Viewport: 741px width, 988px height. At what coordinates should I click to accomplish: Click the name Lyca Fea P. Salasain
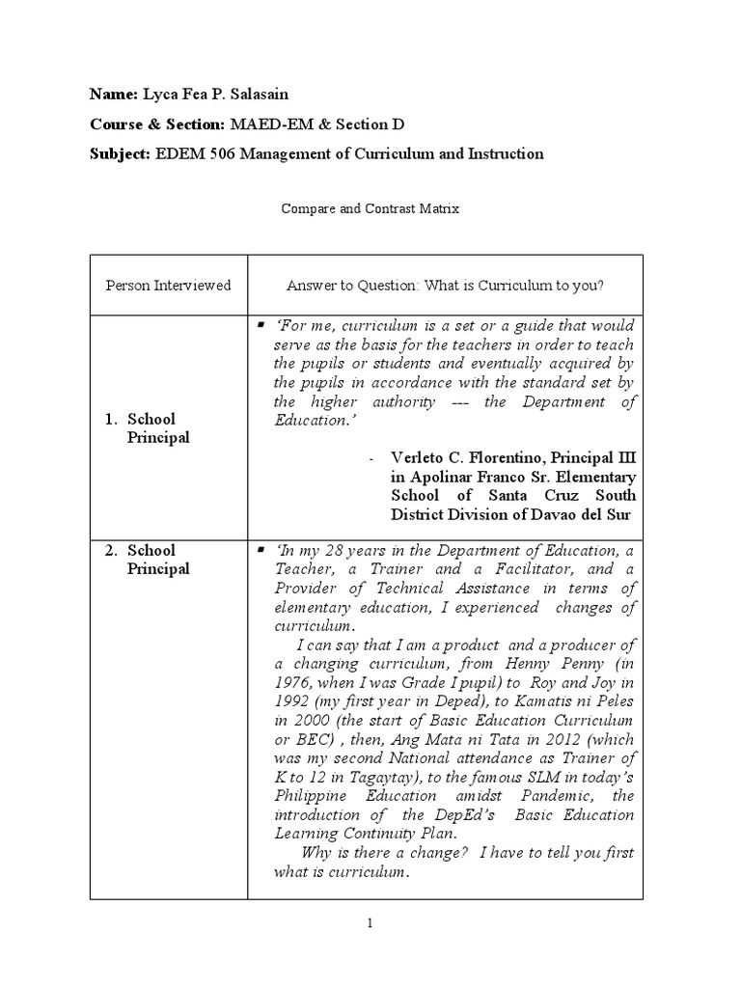[x=214, y=95]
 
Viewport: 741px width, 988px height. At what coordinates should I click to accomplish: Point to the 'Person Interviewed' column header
[x=168, y=286]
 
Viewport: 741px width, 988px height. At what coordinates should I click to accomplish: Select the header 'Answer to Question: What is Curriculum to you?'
[x=445, y=286]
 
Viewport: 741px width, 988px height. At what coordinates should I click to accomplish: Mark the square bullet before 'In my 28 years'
[x=261, y=550]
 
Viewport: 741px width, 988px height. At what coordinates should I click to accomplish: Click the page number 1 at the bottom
[x=370, y=923]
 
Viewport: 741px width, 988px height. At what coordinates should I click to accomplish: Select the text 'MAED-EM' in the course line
[x=262, y=124]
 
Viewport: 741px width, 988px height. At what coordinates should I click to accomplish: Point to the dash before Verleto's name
[x=372, y=457]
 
